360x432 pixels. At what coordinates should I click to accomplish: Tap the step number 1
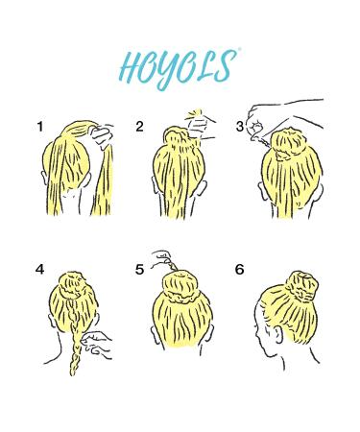pyautogui.click(x=40, y=127)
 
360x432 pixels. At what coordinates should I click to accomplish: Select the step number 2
pyautogui.click(x=140, y=127)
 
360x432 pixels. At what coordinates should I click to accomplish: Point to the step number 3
pyautogui.click(x=239, y=127)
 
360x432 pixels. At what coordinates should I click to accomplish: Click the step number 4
pyautogui.click(x=40, y=270)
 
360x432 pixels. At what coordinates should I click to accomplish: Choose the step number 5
pyautogui.click(x=140, y=270)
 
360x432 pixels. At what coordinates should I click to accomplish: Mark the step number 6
pyautogui.click(x=239, y=270)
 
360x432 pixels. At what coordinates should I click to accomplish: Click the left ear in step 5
pyautogui.click(x=153, y=326)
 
